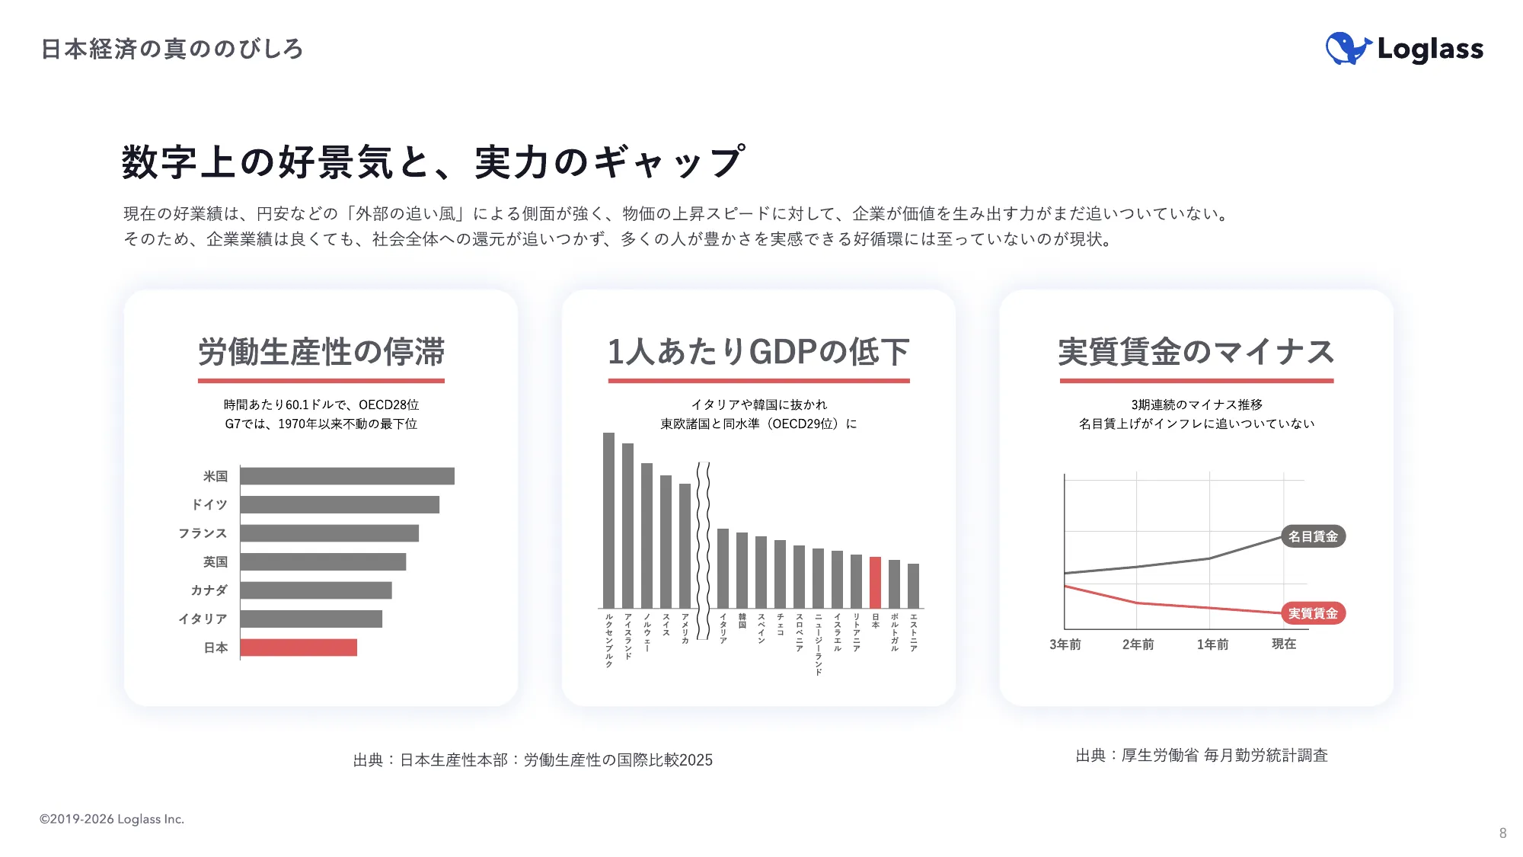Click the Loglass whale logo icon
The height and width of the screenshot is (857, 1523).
pos(1347,49)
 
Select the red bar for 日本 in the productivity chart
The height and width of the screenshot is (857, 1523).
pos(299,648)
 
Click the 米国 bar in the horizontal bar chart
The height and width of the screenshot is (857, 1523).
pos(347,476)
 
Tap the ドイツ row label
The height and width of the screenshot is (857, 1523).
pos(209,504)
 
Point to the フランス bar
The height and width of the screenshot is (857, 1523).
pos(329,533)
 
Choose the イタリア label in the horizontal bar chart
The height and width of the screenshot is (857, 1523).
pos(203,619)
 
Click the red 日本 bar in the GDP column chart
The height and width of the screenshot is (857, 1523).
pos(875,582)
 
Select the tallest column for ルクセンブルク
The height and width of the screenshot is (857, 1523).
pos(608,520)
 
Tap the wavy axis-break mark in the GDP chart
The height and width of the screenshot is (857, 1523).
pos(704,548)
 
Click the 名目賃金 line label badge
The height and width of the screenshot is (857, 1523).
pos(1313,536)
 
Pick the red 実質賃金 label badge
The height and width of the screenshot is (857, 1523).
pos(1313,613)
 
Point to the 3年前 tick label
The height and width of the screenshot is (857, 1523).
pos(1065,644)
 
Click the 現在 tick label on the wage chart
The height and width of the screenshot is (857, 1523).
pos(1284,644)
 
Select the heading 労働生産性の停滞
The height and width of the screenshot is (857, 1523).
pos(321,352)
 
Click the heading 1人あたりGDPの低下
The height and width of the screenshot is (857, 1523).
pos(758,352)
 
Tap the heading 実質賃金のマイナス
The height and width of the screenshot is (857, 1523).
pos(1196,352)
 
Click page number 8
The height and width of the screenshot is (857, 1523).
pos(1502,833)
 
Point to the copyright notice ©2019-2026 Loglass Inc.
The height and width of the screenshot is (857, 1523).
pos(112,819)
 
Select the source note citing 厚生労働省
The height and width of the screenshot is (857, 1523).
pos(1202,755)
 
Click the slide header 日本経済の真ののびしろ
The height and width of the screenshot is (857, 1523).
pos(172,49)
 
